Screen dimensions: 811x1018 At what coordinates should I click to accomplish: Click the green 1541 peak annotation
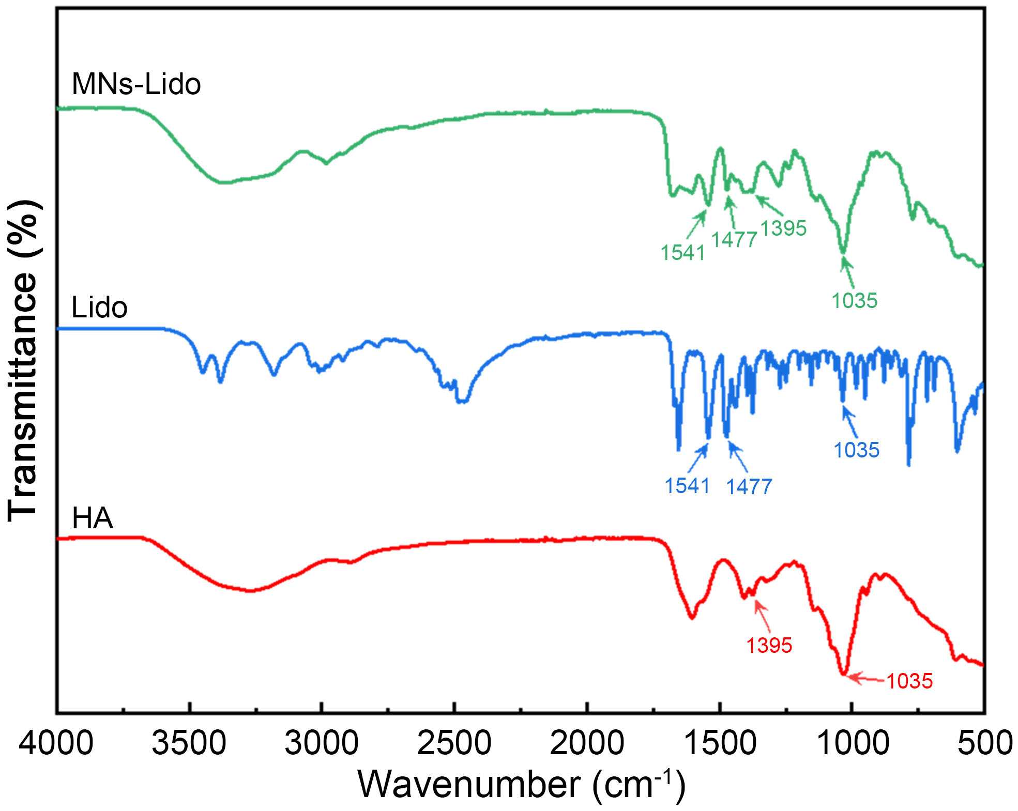(683, 253)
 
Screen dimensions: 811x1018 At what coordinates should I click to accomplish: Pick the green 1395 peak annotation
(783, 228)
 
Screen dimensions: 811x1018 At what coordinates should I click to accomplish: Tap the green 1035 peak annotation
(855, 300)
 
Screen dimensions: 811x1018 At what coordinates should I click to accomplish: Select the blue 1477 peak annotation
(749, 486)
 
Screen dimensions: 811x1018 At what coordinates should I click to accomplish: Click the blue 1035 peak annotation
(856, 450)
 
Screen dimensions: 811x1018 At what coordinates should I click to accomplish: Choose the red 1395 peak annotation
(769, 645)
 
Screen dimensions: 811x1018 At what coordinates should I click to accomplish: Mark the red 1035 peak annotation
(909, 681)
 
